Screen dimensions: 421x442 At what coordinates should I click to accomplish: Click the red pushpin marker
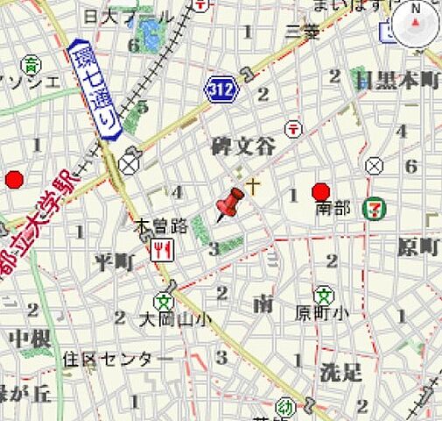231,204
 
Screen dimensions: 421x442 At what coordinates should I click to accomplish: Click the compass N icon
414,25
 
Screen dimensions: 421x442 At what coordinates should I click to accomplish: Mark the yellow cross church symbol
254,185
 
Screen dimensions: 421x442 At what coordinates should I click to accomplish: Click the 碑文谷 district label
243,146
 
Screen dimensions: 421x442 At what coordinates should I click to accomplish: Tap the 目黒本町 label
396,81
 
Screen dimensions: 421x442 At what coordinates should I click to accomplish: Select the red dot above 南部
321,191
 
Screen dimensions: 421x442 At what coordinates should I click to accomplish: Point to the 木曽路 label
160,225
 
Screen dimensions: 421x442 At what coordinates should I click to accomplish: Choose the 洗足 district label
340,371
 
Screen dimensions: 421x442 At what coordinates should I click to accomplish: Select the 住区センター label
118,359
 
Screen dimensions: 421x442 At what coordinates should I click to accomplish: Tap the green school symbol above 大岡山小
162,301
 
